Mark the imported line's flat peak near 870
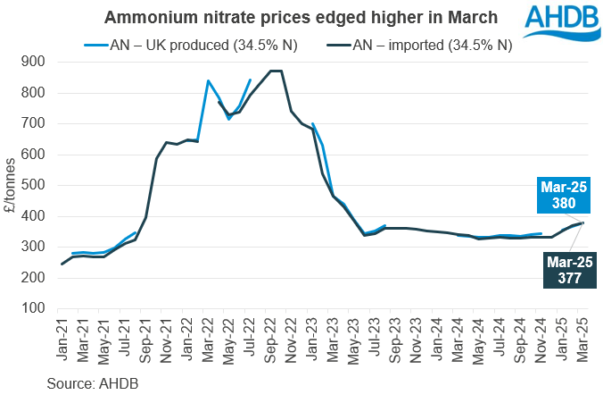277,71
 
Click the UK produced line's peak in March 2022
208,80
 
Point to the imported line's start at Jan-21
62,264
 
